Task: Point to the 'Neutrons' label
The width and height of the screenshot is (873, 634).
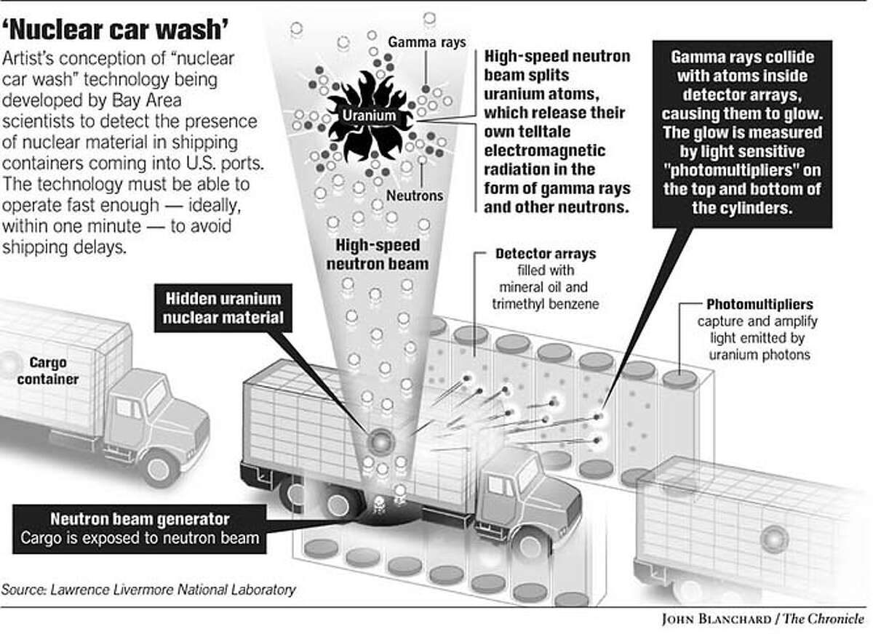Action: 414,196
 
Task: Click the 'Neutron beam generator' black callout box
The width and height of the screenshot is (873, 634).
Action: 139,529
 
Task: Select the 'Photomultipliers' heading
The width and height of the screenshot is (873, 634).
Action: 760,304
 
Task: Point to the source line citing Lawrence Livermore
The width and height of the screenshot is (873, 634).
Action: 148,589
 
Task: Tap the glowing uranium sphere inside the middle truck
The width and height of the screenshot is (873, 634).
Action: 380,441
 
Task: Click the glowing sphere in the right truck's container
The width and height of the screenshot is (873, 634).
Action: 774,538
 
